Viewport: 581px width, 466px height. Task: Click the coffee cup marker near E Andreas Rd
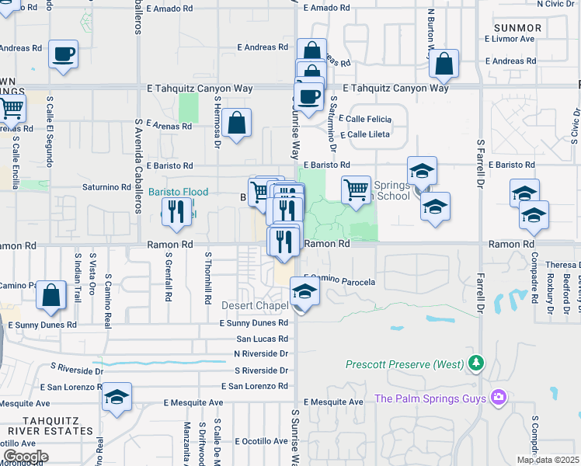64,55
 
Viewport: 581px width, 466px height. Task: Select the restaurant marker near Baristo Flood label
176,211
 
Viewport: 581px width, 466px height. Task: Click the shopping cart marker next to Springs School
356,190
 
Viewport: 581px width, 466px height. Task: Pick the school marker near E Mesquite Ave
117,398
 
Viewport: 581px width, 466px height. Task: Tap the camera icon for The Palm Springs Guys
498,398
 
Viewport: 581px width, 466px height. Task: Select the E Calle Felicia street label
365,119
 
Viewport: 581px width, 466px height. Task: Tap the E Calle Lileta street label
364,134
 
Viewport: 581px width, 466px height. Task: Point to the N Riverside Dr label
261,353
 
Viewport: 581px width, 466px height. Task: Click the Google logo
25,457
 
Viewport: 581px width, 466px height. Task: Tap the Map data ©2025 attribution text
548,460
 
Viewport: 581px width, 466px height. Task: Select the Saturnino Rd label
106,187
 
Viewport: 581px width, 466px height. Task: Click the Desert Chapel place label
255,305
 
